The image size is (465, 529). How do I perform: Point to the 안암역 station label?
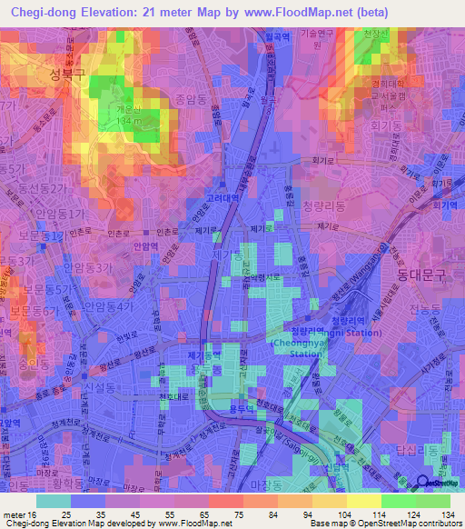pyautogui.click(x=144, y=245)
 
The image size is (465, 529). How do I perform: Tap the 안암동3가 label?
pyautogui.click(x=90, y=268)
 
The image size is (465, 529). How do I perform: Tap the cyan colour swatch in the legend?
pyautogui.click(x=54, y=501)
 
